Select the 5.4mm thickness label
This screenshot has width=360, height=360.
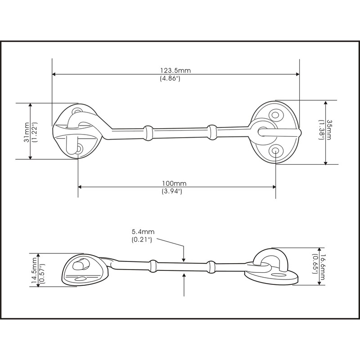pos(143,232)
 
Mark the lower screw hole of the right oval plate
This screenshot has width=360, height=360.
pos(275,151)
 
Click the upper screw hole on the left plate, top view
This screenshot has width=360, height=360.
pos(78,110)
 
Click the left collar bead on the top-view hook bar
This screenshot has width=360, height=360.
pos(147,131)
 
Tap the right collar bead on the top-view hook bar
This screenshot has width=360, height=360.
pos(212,131)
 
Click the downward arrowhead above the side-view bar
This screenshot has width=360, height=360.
pos(184,258)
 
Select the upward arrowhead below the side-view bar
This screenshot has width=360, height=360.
pos(184,275)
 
